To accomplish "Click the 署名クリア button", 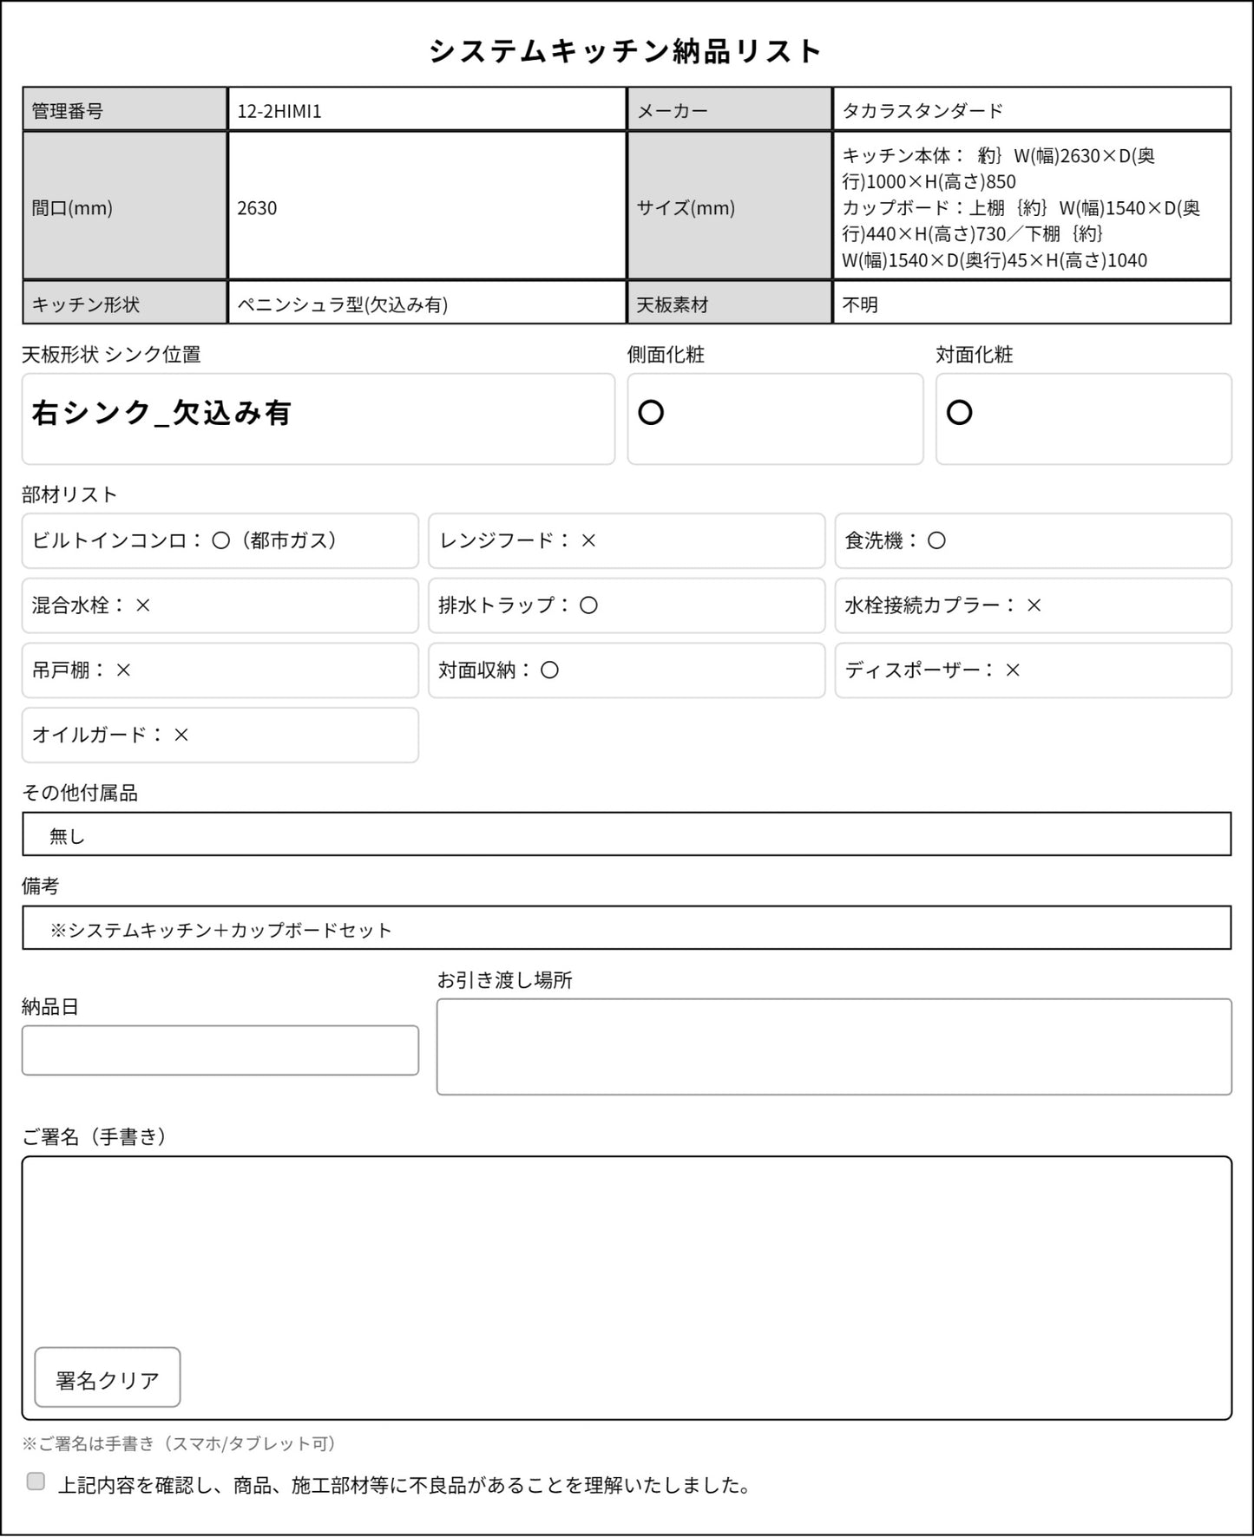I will [x=108, y=1377].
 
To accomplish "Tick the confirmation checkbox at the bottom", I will [x=36, y=1481].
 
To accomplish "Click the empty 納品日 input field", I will [x=220, y=1050].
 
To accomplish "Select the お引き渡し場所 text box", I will [x=833, y=1046].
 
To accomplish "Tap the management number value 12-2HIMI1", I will [x=279, y=111].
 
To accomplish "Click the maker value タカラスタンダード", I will [x=922, y=111].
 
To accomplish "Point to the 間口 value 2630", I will [x=257, y=208].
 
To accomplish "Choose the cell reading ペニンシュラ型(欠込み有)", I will [x=343, y=304].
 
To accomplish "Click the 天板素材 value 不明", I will [x=860, y=304].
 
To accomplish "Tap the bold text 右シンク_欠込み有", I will [x=161, y=413].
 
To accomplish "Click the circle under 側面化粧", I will [x=651, y=413].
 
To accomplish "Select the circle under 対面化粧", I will [x=959, y=413].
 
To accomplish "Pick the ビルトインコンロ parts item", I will [x=220, y=540].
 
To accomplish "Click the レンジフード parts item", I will [x=626, y=540].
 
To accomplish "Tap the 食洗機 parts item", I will [x=1033, y=540].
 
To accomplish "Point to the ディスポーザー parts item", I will [x=1033, y=670].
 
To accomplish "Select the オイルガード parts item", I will [x=220, y=735].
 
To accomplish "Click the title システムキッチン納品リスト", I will [x=626, y=51].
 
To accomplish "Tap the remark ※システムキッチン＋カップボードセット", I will [x=221, y=930].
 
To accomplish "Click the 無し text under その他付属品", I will [x=67, y=836].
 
